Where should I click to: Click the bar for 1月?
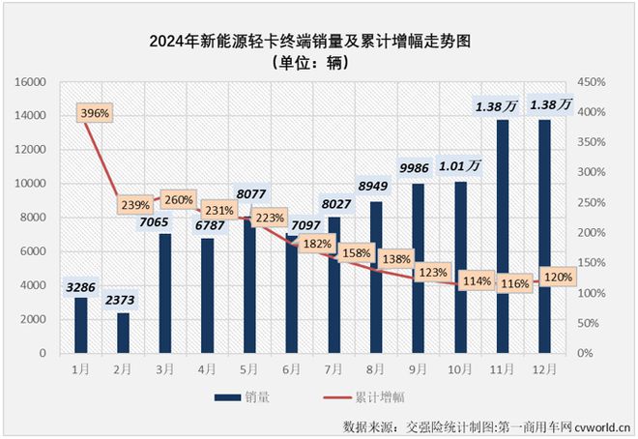[x=81, y=325]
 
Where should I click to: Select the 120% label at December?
[x=558, y=276]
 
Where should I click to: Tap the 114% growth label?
[x=475, y=281]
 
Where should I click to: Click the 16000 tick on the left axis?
[x=31, y=83]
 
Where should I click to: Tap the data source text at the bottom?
[x=486, y=425]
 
